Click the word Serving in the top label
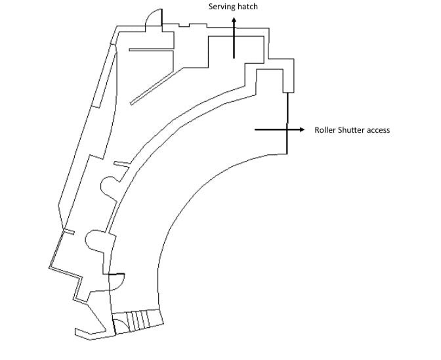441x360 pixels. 222,7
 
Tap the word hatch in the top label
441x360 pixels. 248,7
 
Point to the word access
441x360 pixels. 379,130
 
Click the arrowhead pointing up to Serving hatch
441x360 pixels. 234,22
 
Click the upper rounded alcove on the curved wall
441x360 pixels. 109,187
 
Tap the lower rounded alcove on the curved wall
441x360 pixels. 95,240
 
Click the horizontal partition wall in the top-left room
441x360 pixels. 152,49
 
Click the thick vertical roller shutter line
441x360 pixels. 287,125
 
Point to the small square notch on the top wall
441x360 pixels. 184,26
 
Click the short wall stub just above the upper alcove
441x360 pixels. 121,163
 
